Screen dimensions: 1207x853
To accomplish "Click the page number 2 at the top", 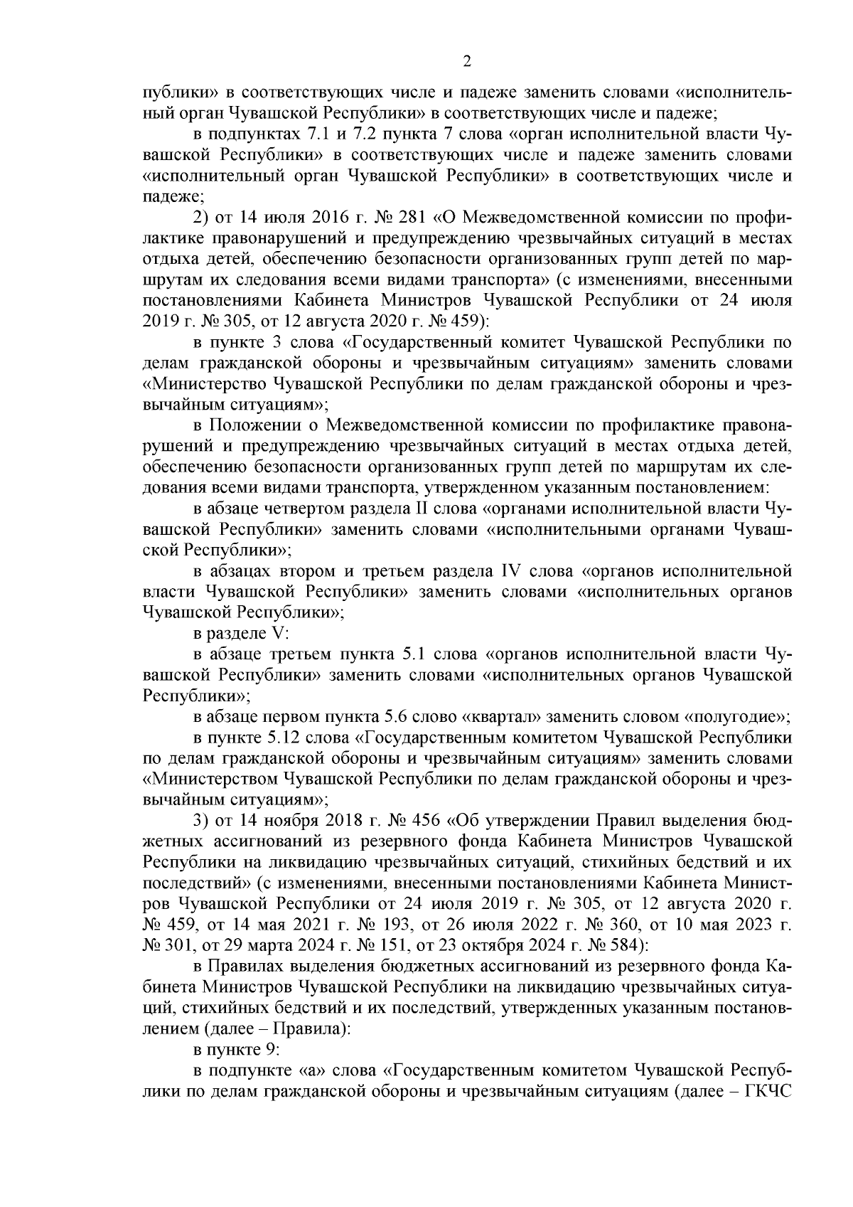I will click(x=467, y=62).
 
